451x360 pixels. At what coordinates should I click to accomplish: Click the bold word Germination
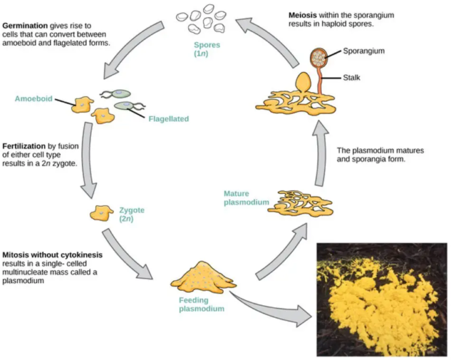25,27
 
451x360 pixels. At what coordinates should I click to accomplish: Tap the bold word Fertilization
26,145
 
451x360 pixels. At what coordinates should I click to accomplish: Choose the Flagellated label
169,119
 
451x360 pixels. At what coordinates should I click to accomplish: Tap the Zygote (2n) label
132,214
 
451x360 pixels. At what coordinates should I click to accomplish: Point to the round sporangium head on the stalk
319,58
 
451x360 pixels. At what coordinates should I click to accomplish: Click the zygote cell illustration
101,213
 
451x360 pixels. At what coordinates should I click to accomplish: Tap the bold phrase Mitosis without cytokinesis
52,255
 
